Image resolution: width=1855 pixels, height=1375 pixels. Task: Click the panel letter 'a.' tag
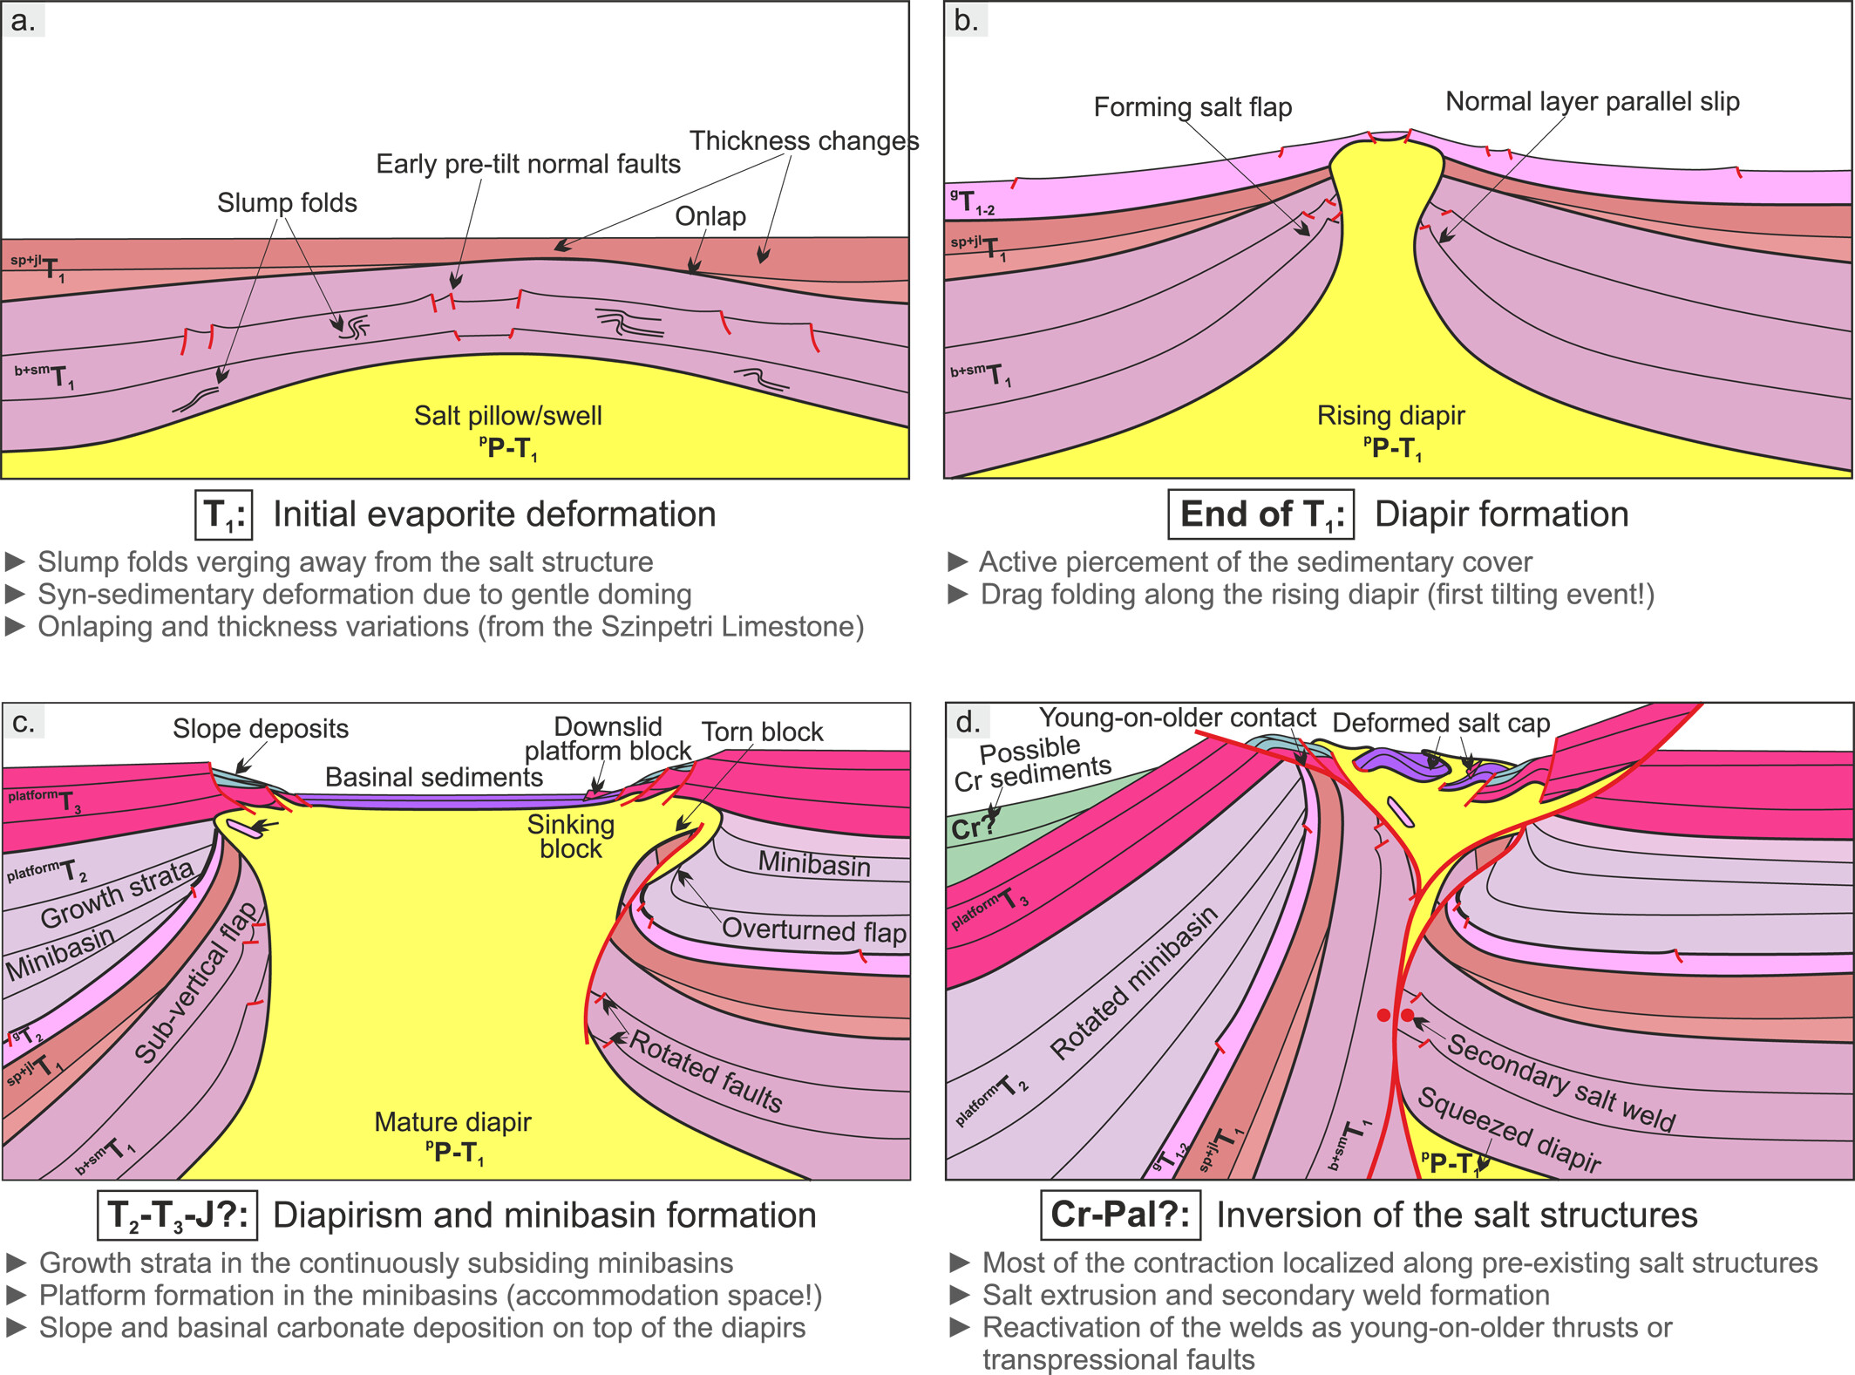pos(24,21)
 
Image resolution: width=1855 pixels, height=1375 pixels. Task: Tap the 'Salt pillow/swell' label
pos(507,415)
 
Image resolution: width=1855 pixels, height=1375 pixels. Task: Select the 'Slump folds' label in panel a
pos(287,202)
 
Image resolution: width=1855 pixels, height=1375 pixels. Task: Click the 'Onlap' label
pos(710,216)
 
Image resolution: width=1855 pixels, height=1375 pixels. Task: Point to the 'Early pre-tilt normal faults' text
pos(527,164)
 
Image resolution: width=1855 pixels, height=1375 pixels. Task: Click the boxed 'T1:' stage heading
pos(223,514)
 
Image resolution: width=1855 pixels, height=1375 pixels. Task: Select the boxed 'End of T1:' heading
pos(1260,514)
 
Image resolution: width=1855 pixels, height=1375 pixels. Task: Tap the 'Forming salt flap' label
pos(1192,107)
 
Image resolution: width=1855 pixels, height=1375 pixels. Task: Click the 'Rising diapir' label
pos(1390,415)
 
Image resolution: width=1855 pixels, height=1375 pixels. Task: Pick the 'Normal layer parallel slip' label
pos(1593,101)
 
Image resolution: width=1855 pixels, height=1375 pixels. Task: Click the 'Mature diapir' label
pos(452,1122)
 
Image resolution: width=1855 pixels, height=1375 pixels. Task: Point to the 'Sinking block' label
pos(571,836)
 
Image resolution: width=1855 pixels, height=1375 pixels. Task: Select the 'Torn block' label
pos(762,732)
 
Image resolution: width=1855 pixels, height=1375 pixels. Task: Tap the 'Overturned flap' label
pos(813,930)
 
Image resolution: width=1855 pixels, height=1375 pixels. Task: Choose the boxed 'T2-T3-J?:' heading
pos(177,1215)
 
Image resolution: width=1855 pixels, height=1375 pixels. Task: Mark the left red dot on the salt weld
pos(1383,1015)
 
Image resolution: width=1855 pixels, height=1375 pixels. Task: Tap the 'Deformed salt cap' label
pos(1441,723)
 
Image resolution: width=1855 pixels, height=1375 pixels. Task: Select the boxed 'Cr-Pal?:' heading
pos(1120,1215)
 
